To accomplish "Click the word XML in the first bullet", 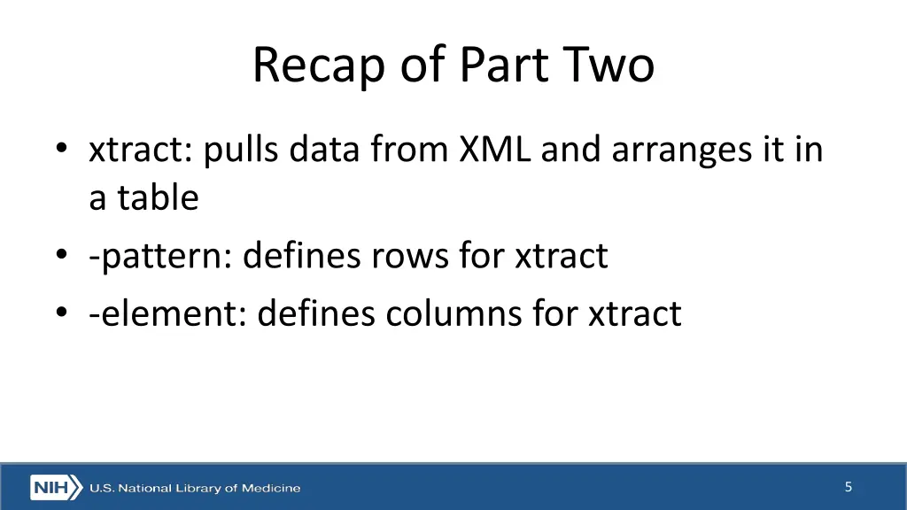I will pos(495,150).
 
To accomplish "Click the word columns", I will pos(460,313).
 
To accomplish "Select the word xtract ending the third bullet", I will pos(635,313).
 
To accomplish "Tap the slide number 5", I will pos(849,487).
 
